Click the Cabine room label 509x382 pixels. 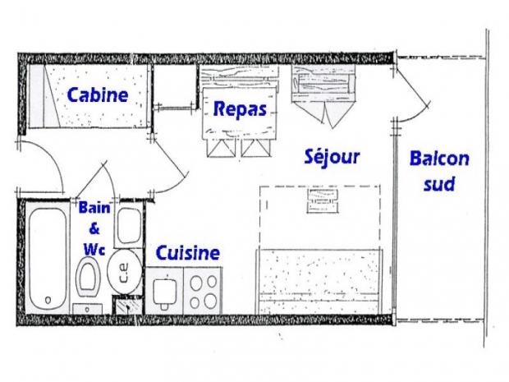click(x=98, y=95)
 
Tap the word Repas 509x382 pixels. click(x=240, y=109)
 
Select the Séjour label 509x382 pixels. click(x=332, y=157)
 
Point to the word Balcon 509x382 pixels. click(x=439, y=159)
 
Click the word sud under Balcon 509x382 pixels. click(x=439, y=184)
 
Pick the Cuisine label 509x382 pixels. click(x=188, y=253)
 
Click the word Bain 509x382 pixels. click(x=94, y=208)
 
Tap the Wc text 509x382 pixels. click(x=94, y=250)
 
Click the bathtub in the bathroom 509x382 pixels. click(x=48, y=259)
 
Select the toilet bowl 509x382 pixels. click(x=88, y=276)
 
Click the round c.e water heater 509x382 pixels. click(x=125, y=272)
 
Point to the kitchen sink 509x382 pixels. click(x=164, y=291)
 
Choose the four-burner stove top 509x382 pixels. click(x=203, y=292)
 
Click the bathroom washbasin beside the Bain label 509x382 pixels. click(x=129, y=226)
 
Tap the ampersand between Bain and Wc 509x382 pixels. click(x=94, y=228)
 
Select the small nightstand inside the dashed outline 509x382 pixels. click(x=323, y=200)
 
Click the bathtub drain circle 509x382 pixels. click(x=48, y=300)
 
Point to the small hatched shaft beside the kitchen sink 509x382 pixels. click(x=127, y=305)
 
